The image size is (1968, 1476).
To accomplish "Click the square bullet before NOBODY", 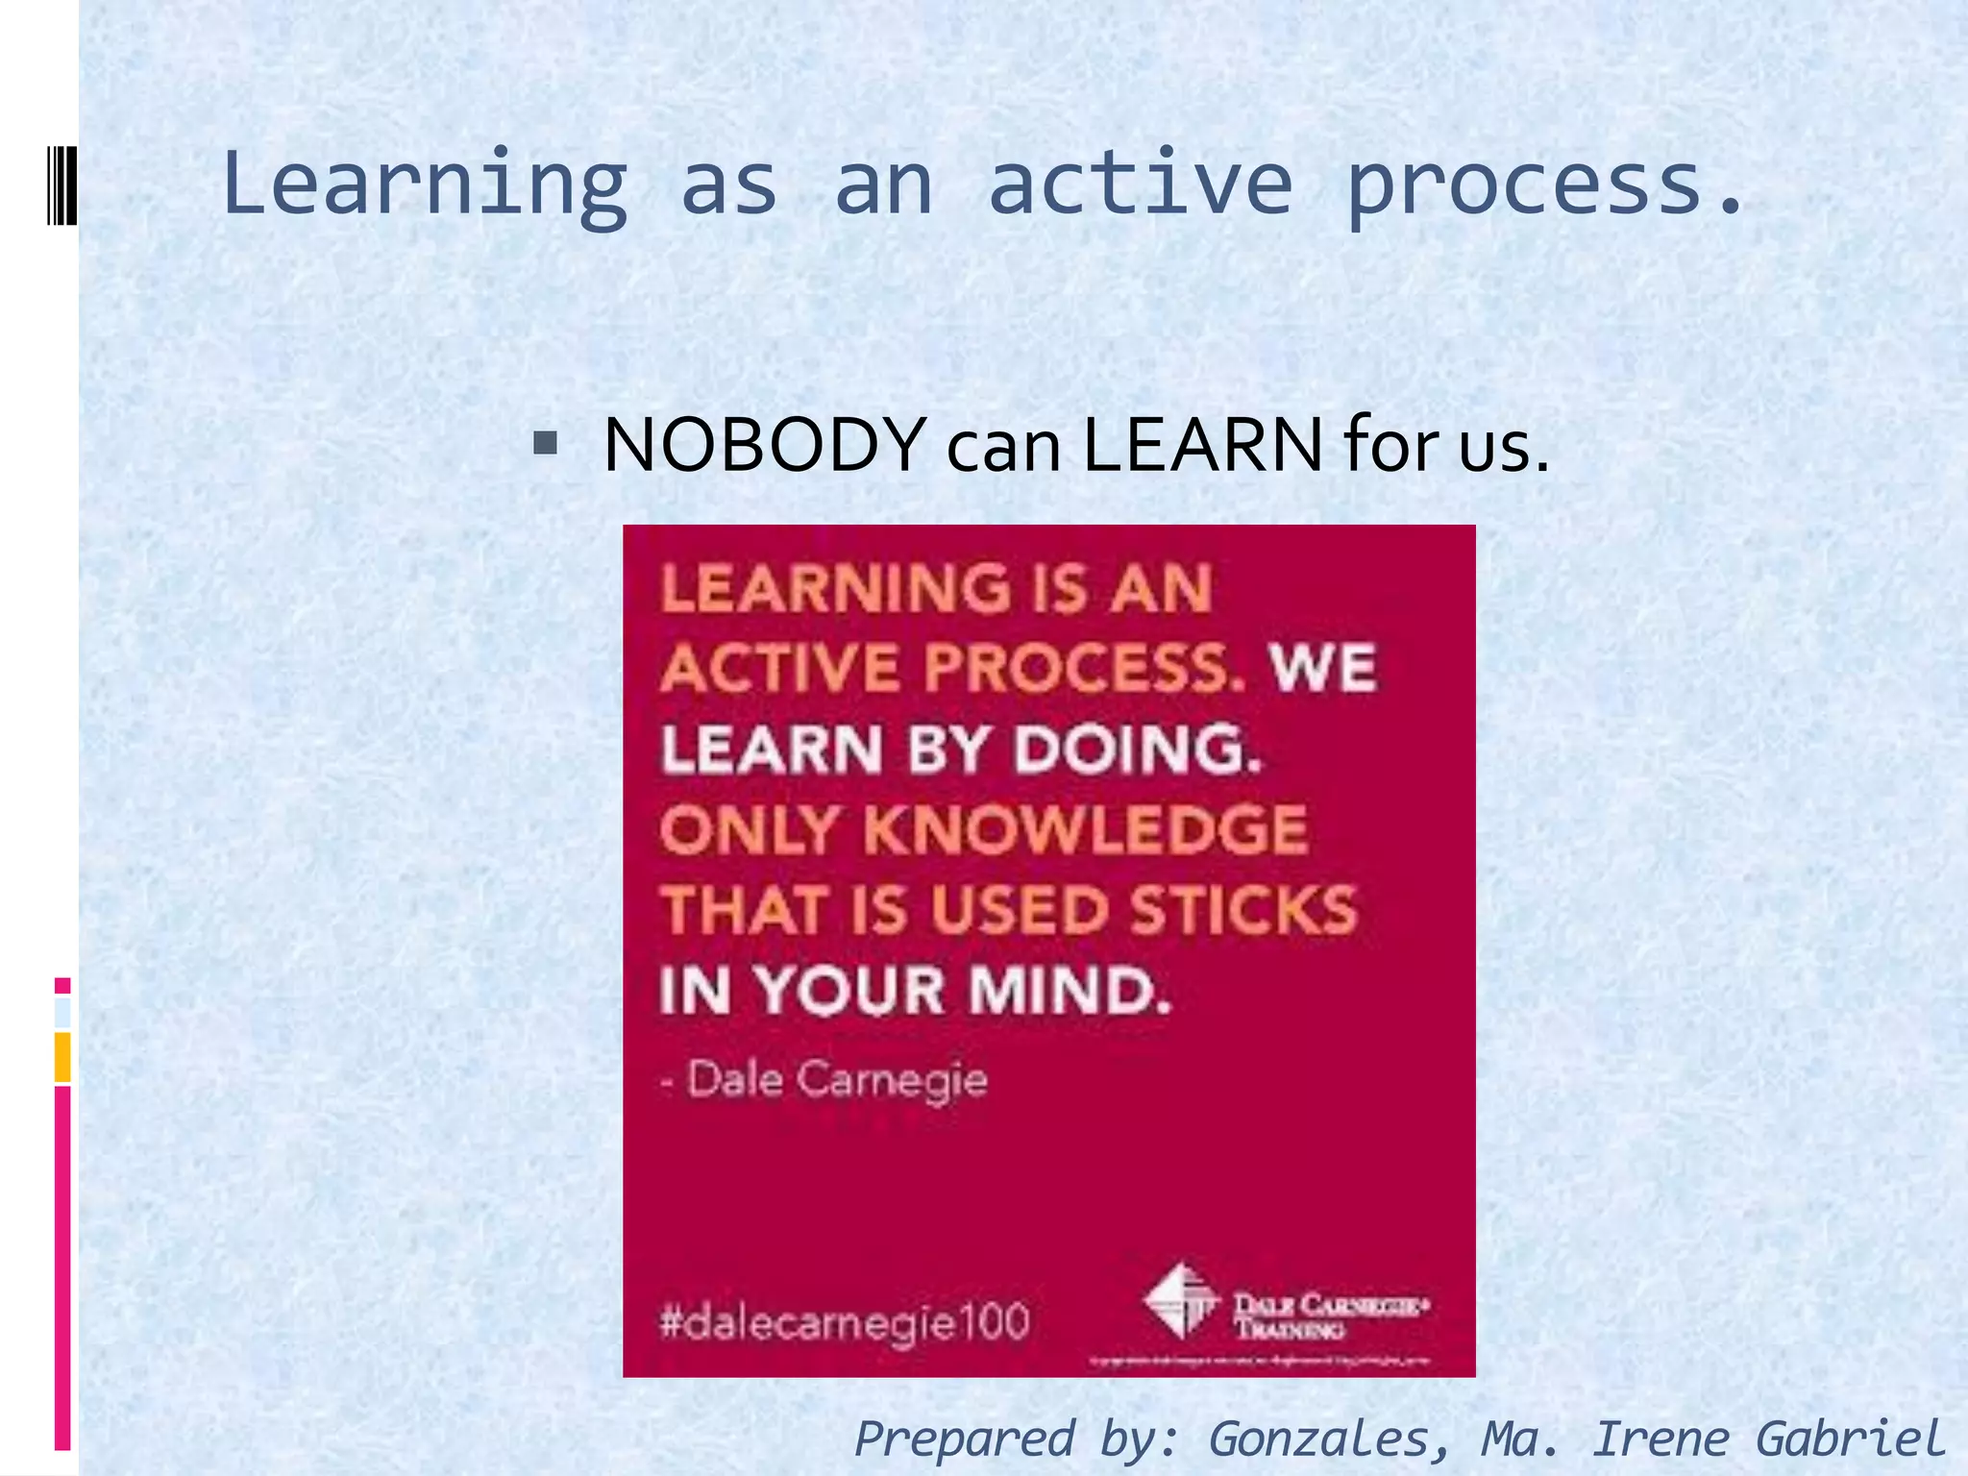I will coord(545,443).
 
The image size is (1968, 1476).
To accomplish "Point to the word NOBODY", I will coord(764,445).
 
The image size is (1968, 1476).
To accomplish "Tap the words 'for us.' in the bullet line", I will coord(1446,445).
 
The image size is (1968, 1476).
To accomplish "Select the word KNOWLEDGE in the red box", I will coord(1086,829).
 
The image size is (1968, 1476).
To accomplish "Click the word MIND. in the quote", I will coord(1070,991).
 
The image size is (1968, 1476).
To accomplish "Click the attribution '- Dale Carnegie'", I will coord(824,1079).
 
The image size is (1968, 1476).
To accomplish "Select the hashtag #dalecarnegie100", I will coord(845,1321).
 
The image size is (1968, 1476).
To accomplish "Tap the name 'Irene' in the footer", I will coord(1660,1439).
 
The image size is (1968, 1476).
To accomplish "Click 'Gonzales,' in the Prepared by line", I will coord(1329,1439).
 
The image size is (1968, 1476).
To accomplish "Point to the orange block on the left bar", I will coord(62,1056).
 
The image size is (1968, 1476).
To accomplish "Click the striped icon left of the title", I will coord(61,184).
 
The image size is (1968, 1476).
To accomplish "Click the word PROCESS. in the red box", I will coord(1085,668).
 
